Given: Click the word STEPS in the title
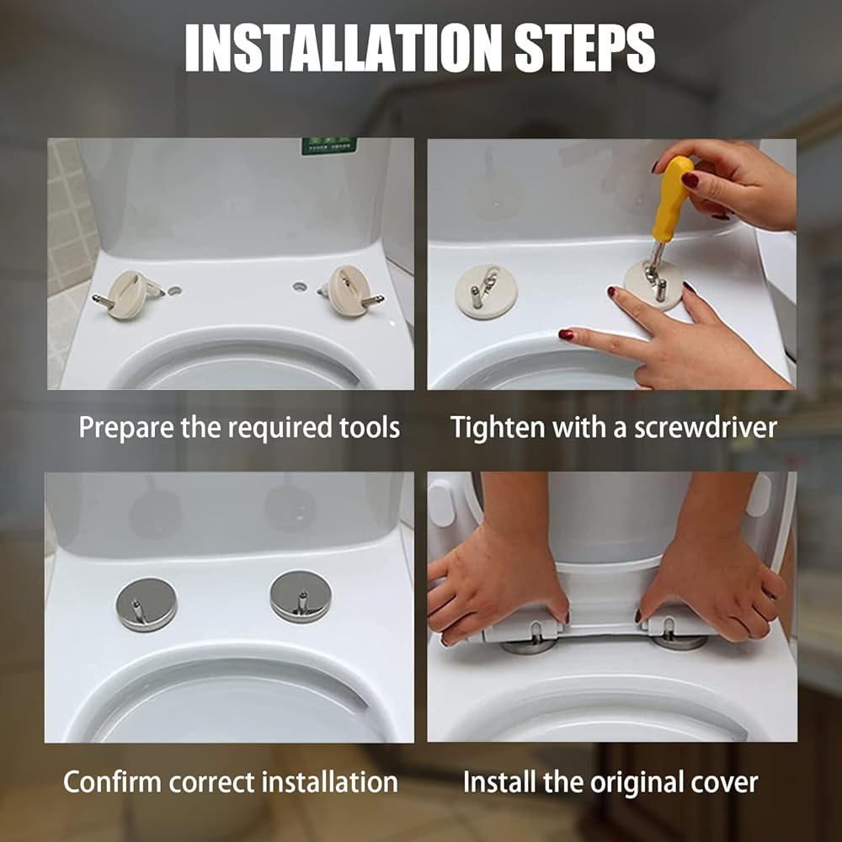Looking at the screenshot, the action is coord(585,47).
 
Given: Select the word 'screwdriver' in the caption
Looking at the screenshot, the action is coord(705,428).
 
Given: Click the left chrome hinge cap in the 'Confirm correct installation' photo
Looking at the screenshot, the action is coord(146,604).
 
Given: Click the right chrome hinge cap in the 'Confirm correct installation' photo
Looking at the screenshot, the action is coord(301,597).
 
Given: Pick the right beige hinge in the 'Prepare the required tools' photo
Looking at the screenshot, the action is coord(350,290).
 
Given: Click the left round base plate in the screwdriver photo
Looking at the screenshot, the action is coord(486,291).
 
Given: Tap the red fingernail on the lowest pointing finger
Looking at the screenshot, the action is coord(567,334).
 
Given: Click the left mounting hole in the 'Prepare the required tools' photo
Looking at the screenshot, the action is coord(174,290).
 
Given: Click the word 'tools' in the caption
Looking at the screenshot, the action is coord(370,428).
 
